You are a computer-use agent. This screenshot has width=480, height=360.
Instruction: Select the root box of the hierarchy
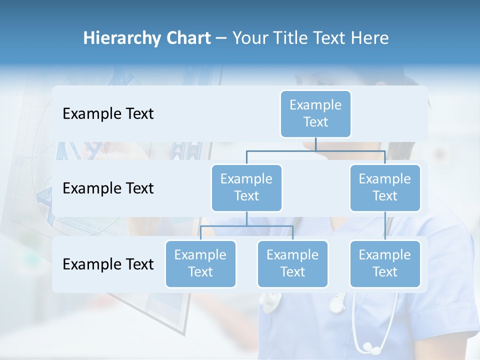tap(315, 114)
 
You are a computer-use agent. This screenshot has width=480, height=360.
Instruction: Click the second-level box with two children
tap(246, 187)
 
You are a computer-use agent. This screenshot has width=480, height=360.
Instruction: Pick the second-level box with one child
tap(385, 187)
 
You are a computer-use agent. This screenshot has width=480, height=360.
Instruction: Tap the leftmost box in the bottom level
tap(200, 263)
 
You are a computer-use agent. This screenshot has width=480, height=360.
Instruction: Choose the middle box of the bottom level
tap(292, 263)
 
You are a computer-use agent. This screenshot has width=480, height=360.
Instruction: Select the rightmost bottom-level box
tap(385, 263)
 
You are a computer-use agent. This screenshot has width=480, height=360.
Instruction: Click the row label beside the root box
tap(108, 114)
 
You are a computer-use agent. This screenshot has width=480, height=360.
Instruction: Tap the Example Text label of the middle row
tap(108, 188)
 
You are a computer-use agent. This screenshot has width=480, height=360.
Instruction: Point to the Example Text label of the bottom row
tap(108, 264)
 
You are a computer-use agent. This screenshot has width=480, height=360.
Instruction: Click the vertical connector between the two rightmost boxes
tap(385, 225)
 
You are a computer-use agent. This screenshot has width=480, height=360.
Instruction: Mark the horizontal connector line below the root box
tap(315, 150)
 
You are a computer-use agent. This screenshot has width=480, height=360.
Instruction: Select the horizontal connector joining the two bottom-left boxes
tap(246, 226)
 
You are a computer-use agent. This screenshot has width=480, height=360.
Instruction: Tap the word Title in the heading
tap(292, 38)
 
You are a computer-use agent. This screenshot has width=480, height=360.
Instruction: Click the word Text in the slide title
tap(332, 38)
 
